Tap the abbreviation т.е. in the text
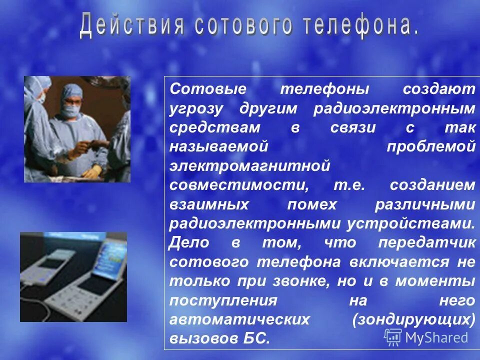pos(350,185)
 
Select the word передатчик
pos(426,243)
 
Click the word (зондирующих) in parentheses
pos(413,319)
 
